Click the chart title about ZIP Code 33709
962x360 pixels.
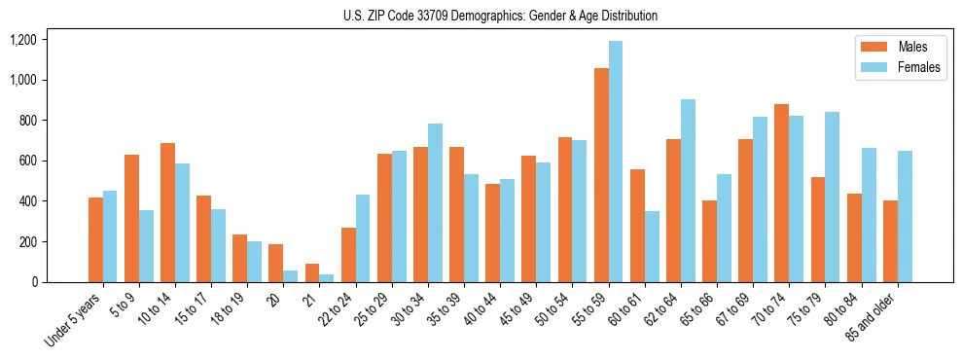[x=500, y=16]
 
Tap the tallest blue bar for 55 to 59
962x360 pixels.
[x=616, y=162]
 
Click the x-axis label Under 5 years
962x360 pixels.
[x=75, y=320]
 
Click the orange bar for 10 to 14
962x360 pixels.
[x=167, y=212]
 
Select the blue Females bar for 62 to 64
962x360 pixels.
[x=688, y=191]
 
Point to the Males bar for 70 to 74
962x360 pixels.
[x=782, y=193]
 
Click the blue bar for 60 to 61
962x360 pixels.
[x=652, y=246]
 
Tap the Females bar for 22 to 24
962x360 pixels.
[x=363, y=238]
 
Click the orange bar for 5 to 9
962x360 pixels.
[x=131, y=218]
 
